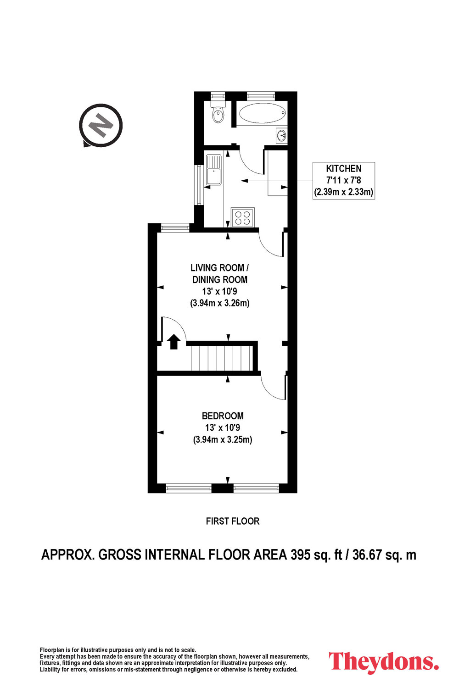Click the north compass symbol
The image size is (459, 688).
[x=101, y=125]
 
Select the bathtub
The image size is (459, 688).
[x=262, y=113]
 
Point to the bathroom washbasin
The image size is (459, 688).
[x=282, y=135]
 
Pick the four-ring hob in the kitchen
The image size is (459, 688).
[x=242, y=217]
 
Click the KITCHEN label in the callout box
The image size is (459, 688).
[x=344, y=169]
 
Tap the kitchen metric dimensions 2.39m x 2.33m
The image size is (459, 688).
[x=344, y=192]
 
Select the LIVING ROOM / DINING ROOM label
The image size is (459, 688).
[x=220, y=274]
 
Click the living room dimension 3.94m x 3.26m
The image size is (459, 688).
[x=220, y=303]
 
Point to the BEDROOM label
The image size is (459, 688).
[x=223, y=416]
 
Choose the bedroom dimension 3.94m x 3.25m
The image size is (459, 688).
[x=223, y=439]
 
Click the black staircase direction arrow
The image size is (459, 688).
[x=174, y=342]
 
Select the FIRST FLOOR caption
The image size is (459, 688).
[x=233, y=521]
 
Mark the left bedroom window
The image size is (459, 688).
[x=189, y=488]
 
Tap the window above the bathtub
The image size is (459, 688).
[x=261, y=95]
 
